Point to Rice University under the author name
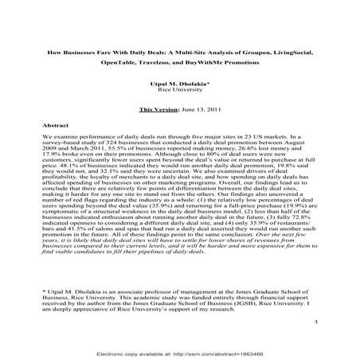(x=178, y=90)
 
